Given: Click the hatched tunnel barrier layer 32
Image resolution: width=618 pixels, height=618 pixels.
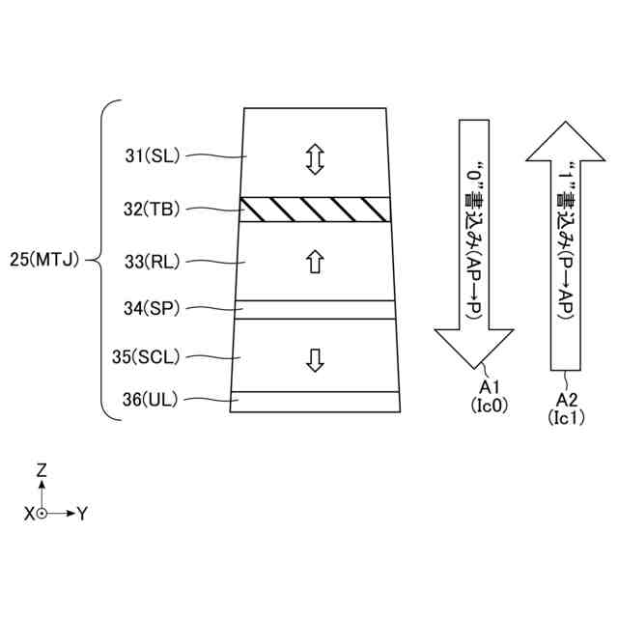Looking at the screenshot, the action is pos(315,209).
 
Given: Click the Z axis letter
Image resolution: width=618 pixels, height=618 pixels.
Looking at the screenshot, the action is pos(42,471).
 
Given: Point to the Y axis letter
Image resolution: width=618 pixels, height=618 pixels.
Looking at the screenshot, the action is pos(83,514).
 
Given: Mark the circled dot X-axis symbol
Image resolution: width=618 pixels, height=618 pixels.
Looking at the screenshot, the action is pos(42,514).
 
